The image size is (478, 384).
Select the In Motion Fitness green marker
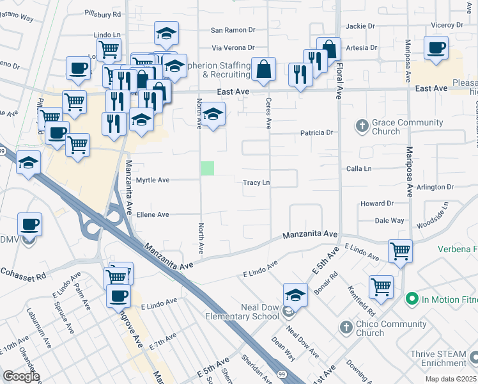[412, 298]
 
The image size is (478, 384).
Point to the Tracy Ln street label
[256, 182]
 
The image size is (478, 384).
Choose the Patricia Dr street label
[318, 133]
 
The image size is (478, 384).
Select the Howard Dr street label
[376, 204]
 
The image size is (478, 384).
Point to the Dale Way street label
[389, 220]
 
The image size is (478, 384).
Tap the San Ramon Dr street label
[233, 30]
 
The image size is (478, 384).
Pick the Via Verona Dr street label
[233, 47]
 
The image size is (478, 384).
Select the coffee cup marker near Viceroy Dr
[436, 49]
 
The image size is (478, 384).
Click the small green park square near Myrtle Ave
[208, 168]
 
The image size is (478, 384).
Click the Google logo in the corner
[21, 376]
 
